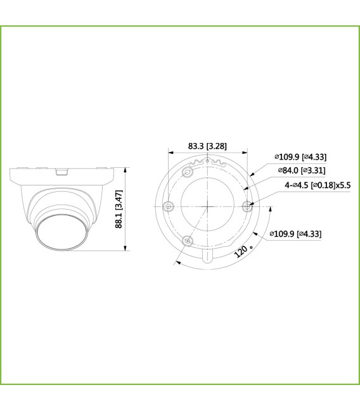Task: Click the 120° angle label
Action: tap(241, 251)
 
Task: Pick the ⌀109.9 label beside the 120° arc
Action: tap(295, 234)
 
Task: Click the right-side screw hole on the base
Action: tap(248, 205)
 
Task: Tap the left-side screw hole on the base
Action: tap(168, 205)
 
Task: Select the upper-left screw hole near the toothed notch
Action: tap(188, 172)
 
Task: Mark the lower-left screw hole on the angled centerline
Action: tap(188, 240)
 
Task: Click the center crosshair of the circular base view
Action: tap(208, 205)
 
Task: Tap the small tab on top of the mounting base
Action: tap(61, 170)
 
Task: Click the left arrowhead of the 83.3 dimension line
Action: tap(170, 151)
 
